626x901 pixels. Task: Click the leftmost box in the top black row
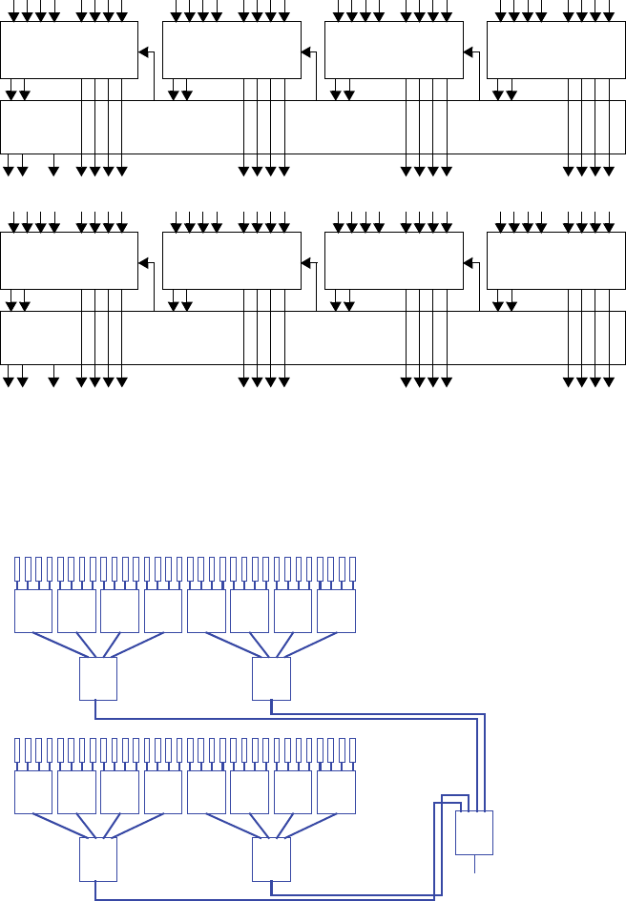point(69,51)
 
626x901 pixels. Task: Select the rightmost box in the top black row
point(555,51)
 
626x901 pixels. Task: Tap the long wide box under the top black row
point(312,127)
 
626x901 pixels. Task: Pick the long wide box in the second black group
point(312,338)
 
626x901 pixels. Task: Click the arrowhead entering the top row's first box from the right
point(143,52)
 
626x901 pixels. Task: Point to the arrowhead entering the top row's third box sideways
point(468,52)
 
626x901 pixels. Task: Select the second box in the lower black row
point(232,261)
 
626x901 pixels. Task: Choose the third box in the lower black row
point(393,261)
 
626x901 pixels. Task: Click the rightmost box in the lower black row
point(555,261)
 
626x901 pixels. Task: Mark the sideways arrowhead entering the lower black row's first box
point(143,263)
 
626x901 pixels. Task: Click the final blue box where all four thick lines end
point(474,832)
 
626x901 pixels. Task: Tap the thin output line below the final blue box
point(474,864)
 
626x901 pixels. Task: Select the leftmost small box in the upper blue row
point(33,610)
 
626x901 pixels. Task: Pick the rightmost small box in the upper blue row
point(336,610)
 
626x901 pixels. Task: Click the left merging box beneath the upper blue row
point(97,679)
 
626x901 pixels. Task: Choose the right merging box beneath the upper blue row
point(271,679)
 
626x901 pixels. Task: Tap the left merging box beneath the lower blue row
point(97,859)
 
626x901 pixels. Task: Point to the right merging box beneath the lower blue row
point(271,859)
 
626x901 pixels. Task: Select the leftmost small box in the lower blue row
point(33,791)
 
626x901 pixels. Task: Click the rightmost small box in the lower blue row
point(336,791)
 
